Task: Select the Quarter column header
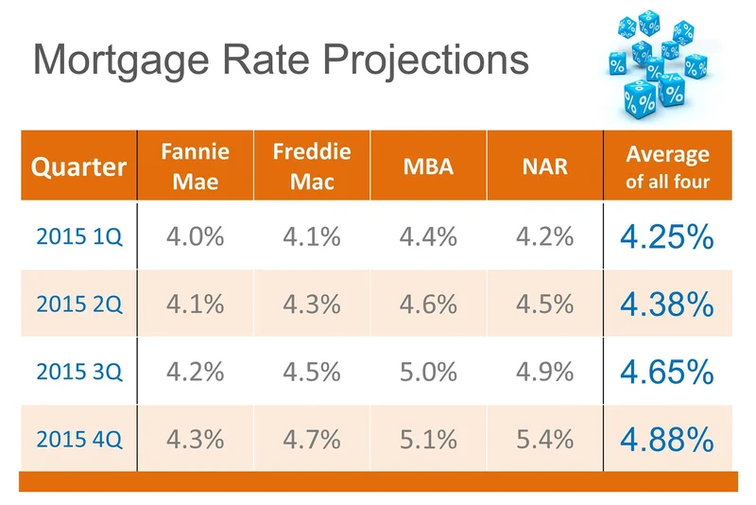78,167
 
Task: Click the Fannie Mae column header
196,165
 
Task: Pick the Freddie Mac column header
312,165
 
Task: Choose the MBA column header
428,167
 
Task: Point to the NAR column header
544,167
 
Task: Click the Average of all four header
667,165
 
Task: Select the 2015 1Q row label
78,237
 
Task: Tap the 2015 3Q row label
78,371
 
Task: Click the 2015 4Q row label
78,439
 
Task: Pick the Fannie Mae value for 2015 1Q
196,237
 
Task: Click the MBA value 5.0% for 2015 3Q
428,371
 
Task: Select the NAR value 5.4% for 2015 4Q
544,439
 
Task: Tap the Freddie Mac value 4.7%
312,439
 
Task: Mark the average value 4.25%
667,237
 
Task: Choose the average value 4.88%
667,439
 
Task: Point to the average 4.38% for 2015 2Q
667,304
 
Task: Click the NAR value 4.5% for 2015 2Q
544,304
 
